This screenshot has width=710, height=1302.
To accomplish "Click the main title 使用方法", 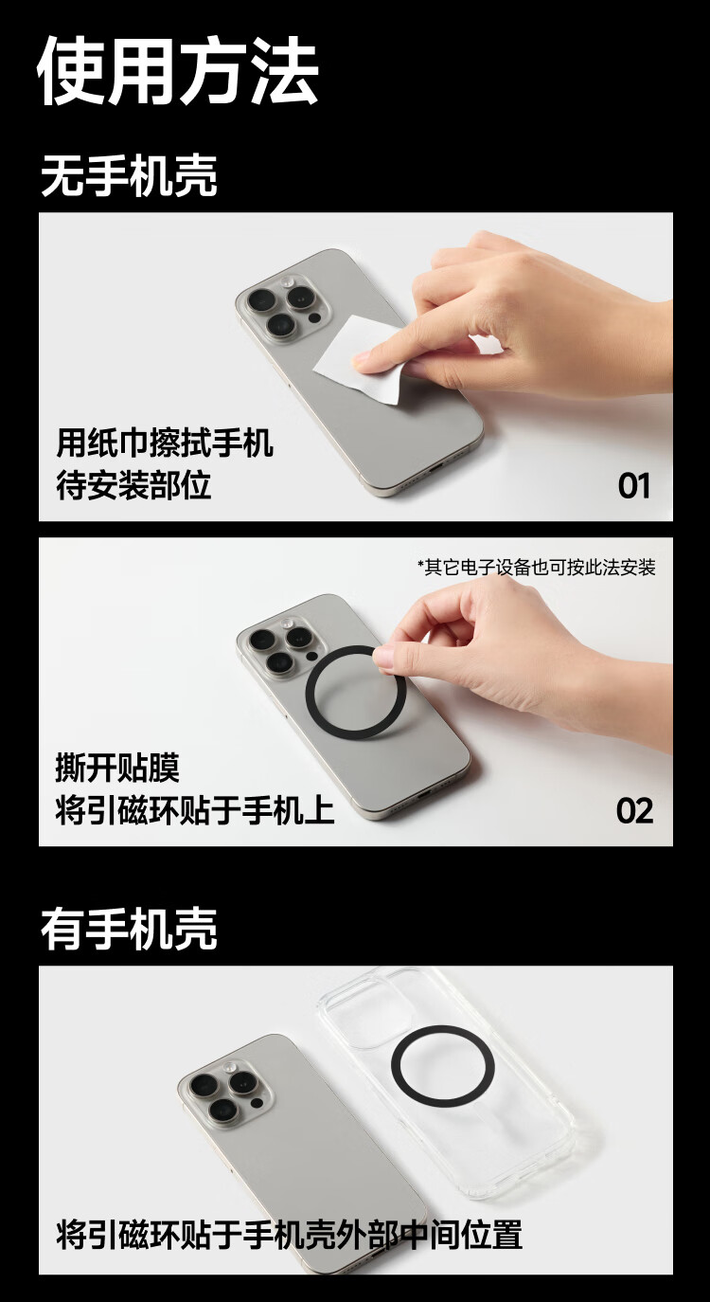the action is click(178, 71).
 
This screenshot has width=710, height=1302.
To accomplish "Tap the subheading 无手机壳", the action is click(129, 175).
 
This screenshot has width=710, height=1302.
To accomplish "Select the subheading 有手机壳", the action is click(129, 930).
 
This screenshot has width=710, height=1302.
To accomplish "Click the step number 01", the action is click(633, 485).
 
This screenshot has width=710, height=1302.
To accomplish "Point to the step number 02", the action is click(634, 811).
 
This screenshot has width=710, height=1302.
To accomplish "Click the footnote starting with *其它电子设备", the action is click(537, 567).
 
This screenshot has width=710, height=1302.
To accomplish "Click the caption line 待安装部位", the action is click(133, 485).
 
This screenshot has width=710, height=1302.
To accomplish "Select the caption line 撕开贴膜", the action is click(117, 768).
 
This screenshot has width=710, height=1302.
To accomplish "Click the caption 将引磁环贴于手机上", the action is click(194, 810).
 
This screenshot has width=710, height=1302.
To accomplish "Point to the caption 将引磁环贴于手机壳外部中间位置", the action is click(289, 1235).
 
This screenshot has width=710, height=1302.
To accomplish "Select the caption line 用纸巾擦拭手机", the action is click(165, 443).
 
